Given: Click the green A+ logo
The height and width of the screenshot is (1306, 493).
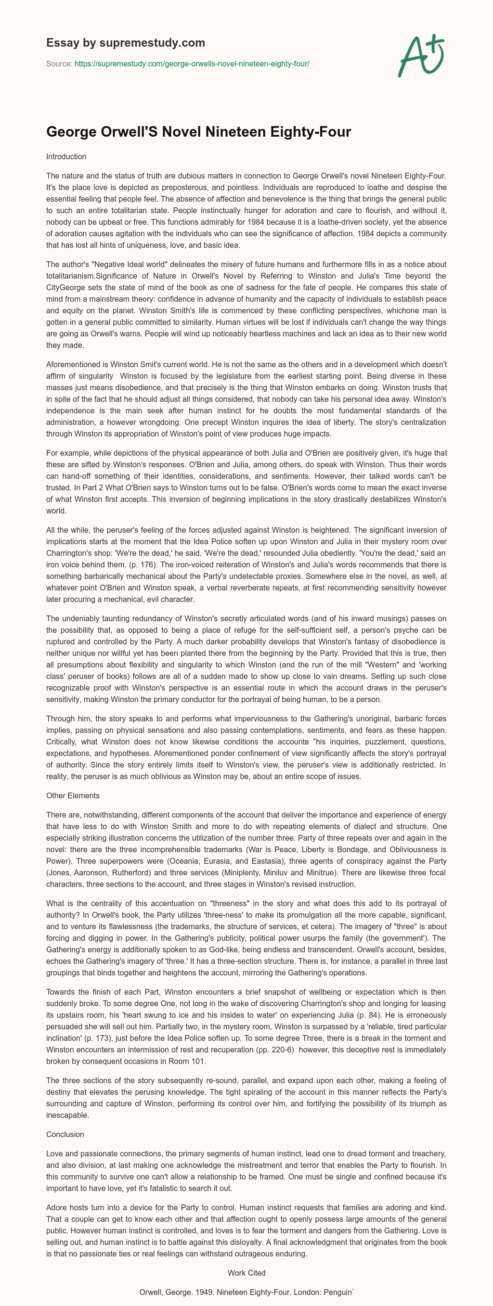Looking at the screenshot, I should (x=421, y=57).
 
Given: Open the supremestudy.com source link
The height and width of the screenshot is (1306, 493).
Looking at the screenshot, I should (x=192, y=64).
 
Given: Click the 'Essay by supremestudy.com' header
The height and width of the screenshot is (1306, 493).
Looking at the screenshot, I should (x=125, y=42).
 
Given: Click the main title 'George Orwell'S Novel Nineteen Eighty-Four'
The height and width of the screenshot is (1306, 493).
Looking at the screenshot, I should (x=198, y=132).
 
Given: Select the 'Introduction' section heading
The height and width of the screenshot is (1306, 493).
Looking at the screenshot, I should (x=66, y=157).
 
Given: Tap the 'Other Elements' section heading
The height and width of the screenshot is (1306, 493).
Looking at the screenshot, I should (x=73, y=795).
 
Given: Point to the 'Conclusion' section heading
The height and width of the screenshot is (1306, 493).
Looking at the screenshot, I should (x=65, y=1134).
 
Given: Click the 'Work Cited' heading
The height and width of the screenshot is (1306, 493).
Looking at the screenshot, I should (x=246, y=1272).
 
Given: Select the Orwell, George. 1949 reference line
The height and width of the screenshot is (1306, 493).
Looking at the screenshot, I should (x=246, y=1293).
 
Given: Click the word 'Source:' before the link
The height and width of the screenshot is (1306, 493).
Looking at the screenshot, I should (x=59, y=64).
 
